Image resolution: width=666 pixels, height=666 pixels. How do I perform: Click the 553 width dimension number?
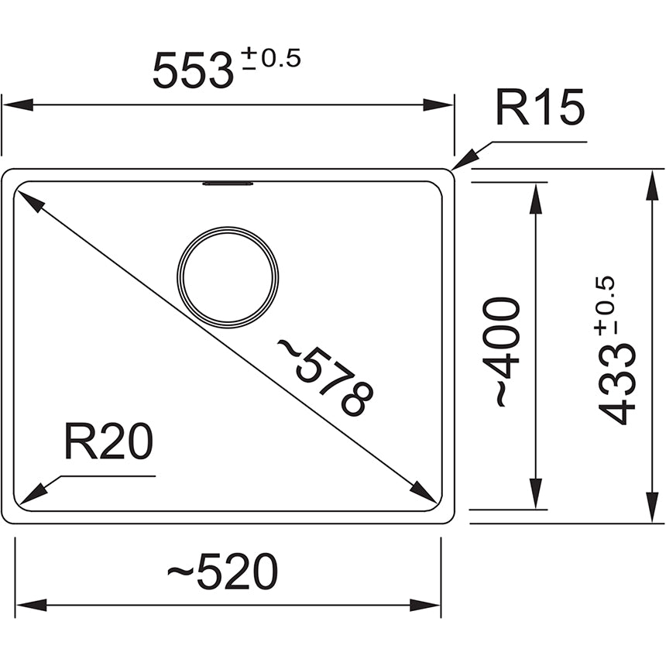193,71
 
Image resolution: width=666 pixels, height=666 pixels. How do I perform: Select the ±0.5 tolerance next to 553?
267,60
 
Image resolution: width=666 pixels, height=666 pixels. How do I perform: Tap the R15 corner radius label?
540,108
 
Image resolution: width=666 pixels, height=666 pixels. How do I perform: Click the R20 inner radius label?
108,443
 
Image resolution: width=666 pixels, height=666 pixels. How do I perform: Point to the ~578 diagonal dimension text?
325,376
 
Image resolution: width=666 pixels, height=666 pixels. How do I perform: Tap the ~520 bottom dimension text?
223,574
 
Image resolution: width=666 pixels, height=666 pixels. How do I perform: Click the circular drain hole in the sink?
228,277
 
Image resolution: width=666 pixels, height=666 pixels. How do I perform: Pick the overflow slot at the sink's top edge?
228,184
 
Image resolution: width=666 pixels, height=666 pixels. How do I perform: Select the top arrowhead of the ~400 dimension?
534,197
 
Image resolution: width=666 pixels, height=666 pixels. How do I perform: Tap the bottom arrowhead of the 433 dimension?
649,509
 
